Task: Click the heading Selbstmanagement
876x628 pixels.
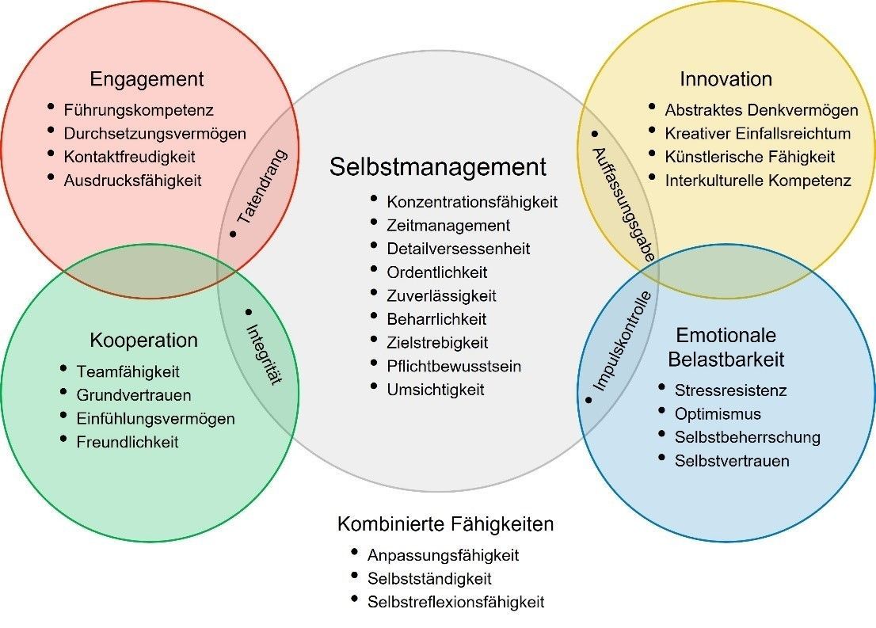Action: pos(437,167)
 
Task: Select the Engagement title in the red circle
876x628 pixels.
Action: pos(147,79)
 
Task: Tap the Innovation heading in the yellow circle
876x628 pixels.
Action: pos(726,78)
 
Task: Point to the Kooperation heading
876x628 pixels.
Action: pos(143,341)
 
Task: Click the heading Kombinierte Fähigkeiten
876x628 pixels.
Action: pos(445,524)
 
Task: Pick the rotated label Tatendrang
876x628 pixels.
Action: pos(261,187)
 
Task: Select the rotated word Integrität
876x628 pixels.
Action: pos(264,354)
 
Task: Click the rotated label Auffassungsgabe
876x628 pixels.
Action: pos(623,204)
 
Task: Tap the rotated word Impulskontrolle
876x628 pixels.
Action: pos(622,341)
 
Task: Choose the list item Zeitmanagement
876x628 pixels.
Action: pos(448,226)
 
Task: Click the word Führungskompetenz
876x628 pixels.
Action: pos(139,110)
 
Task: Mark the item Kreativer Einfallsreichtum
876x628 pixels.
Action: pos(757,134)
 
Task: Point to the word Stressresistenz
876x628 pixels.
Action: pos(730,390)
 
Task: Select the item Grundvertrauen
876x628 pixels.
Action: pos(134,396)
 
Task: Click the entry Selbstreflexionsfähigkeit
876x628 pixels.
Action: pos(455,603)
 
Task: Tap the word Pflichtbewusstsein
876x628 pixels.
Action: pos(454,367)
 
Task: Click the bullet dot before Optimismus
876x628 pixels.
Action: pos(662,411)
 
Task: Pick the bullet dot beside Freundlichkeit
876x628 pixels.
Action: pos(63,439)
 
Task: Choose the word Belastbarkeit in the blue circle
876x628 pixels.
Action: pos(726,360)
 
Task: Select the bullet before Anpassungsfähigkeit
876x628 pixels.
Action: pos(354,552)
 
